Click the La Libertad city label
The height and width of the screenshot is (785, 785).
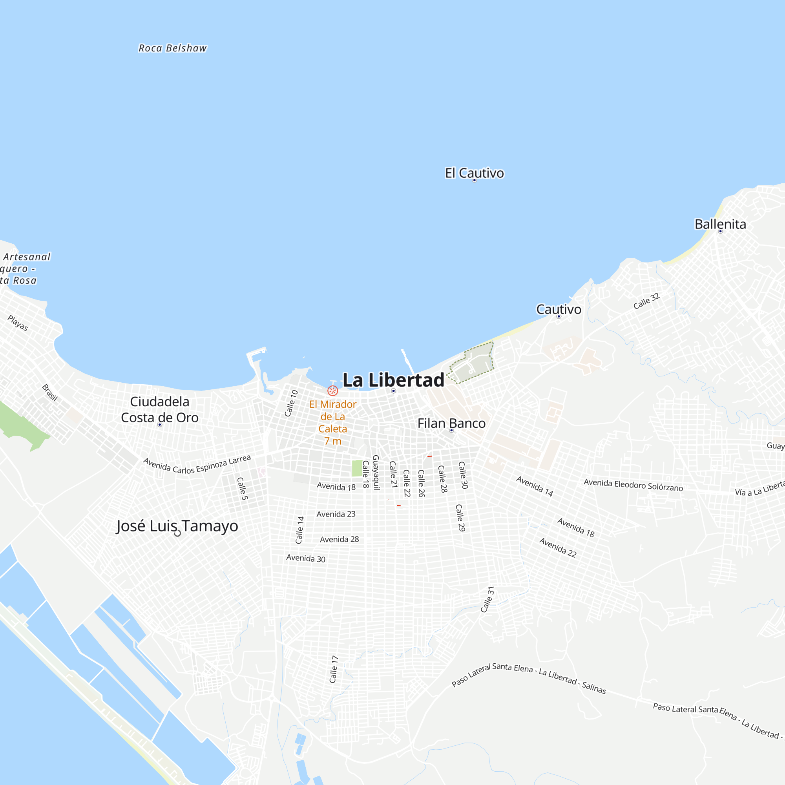[393, 380]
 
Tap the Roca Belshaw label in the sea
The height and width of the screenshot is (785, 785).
[173, 48]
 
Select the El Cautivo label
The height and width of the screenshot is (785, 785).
[474, 173]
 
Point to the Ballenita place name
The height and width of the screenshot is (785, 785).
[720, 224]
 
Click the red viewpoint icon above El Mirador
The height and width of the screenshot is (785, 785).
[332, 391]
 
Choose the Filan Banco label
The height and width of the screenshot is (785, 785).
[451, 424]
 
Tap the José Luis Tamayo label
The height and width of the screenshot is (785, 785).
[177, 526]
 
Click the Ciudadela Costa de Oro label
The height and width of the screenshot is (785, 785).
[160, 409]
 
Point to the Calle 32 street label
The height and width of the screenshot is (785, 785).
[646, 301]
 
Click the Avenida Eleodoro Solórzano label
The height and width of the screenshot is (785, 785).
[633, 485]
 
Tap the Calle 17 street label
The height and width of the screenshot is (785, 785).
[334, 669]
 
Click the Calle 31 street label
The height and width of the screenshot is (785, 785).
[487, 599]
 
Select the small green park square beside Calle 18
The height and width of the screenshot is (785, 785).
[357, 468]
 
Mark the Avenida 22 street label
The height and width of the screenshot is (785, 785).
[557, 547]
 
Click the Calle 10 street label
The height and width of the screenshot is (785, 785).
[291, 403]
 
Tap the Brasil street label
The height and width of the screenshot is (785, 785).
[50, 393]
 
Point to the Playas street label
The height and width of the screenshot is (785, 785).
[18, 323]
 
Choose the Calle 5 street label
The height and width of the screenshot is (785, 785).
[242, 488]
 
